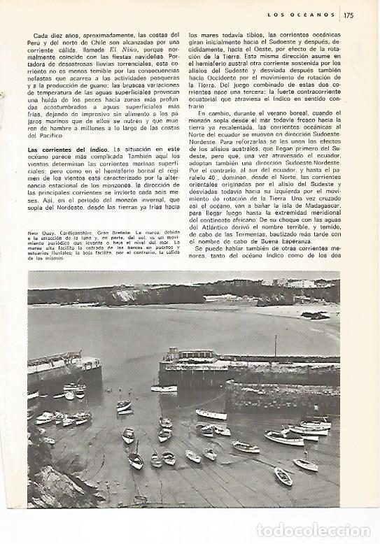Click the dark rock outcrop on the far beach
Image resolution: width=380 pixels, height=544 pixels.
coord(316,315)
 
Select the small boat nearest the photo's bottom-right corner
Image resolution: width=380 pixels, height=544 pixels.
coord(283,476)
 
